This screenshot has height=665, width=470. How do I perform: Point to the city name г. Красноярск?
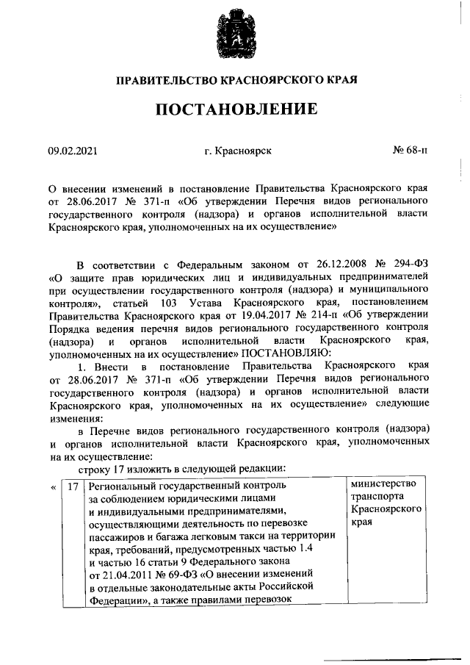point(238,151)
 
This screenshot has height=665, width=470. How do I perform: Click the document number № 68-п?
point(411,151)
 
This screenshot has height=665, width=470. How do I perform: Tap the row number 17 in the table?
point(72,486)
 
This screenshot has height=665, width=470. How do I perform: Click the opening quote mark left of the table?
point(53,486)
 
